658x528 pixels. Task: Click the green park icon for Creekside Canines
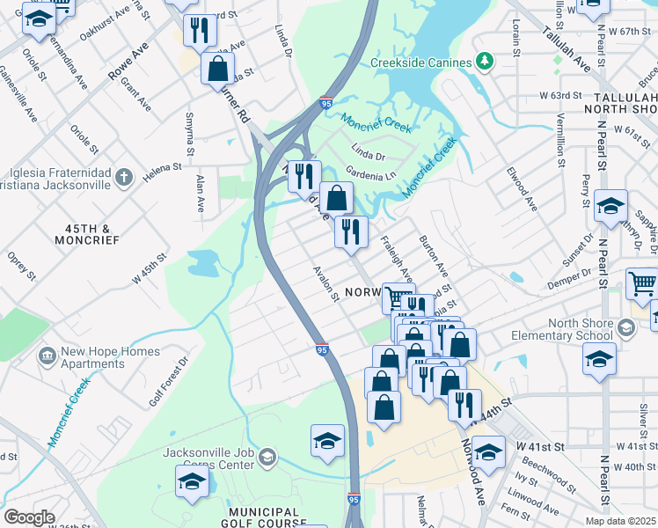(483, 62)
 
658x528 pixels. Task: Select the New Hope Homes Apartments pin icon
(47, 357)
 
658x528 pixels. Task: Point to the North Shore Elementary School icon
(625, 328)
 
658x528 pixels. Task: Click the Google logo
(29, 517)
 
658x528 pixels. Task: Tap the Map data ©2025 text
(620, 521)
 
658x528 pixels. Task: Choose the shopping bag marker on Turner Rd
(217, 70)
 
